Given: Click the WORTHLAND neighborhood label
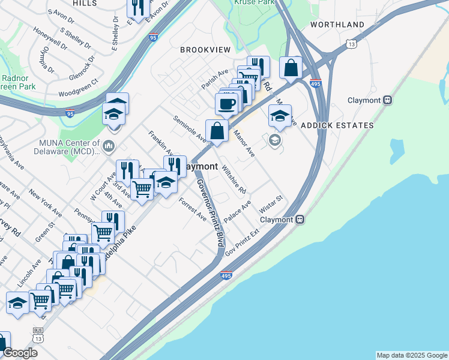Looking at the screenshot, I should [337, 25].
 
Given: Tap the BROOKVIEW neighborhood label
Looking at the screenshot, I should [205, 50].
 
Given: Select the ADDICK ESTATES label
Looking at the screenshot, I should [337, 125].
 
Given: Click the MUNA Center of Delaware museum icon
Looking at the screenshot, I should [109, 145].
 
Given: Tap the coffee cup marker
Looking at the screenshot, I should [226, 104].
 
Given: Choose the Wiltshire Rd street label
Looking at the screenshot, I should [234, 179].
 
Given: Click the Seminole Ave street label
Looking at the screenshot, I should [190, 130].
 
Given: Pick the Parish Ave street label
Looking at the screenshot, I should [215, 79].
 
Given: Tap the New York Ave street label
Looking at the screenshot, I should [45, 205].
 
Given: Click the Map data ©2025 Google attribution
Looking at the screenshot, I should [411, 355].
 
